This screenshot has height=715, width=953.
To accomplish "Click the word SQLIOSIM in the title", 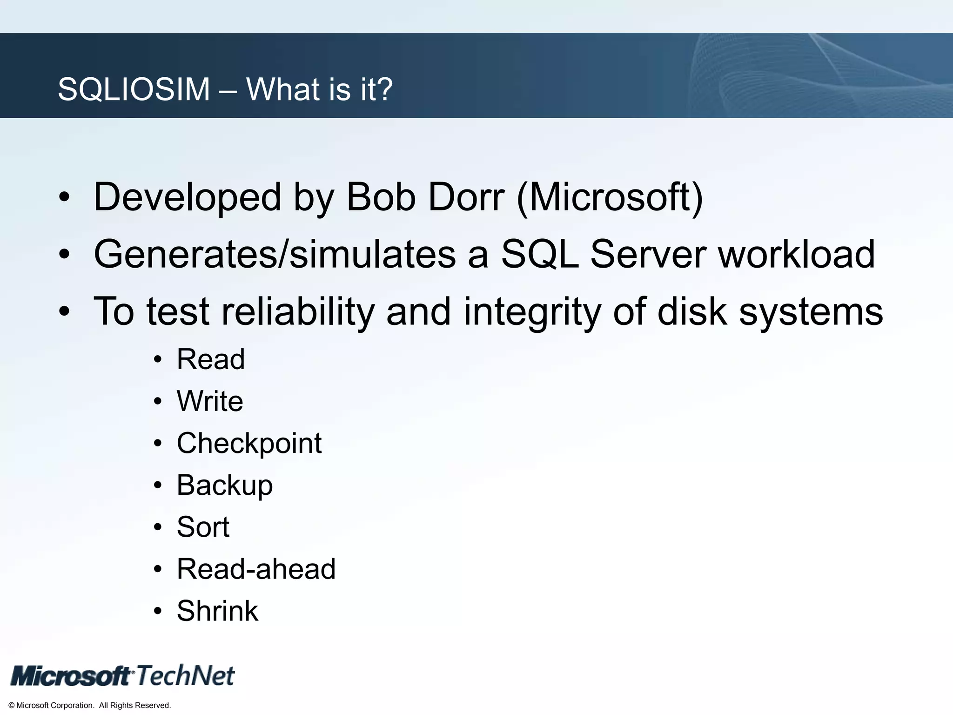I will [134, 89].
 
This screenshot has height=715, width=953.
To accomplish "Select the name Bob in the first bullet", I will [381, 197].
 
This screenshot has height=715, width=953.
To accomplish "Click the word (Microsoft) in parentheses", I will [610, 198].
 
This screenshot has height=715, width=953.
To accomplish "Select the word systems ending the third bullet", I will [811, 312].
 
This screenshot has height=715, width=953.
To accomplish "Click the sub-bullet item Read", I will [210, 359].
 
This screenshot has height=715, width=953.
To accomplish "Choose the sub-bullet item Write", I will [210, 401].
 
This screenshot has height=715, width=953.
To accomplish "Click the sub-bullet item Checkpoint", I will [249, 443].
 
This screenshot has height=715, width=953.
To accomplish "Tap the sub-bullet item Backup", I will [225, 486].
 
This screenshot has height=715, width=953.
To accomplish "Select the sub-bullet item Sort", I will [203, 527].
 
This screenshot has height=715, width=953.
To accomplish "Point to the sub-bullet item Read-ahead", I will [256, 569].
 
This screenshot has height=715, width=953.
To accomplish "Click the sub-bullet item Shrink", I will [217, 611].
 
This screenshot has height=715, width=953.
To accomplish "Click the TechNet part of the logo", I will [186, 675].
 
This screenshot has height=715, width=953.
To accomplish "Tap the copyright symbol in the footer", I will [12, 706].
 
